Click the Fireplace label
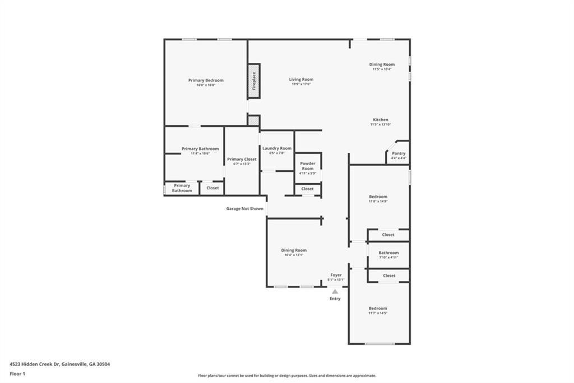[254, 81]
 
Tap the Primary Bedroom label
[206, 80]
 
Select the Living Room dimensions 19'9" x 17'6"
[302, 84]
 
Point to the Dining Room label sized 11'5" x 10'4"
[382, 65]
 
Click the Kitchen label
[381, 120]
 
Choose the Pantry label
[399, 153]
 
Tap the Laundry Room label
[277, 148]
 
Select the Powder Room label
[308, 166]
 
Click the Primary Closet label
[242, 159]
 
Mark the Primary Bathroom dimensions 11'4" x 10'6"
[200, 153]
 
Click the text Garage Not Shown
[244, 208]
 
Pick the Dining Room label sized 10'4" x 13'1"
[294, 250]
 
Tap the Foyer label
[336, 275]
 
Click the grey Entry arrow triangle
[335, 291]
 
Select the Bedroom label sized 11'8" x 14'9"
[378, 197]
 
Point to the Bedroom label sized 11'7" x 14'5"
[378, 308]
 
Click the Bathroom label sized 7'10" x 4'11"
[388, 253]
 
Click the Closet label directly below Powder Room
[308, 189]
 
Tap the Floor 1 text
[17, 373]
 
